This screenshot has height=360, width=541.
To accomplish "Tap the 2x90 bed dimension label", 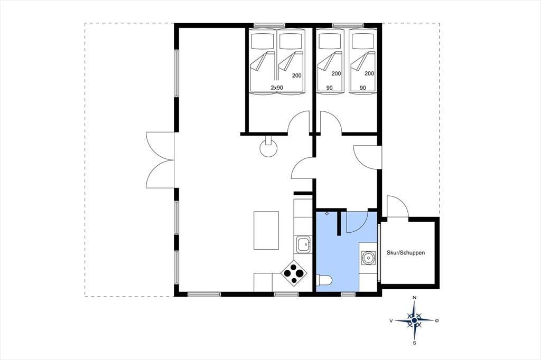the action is tap(277, 88).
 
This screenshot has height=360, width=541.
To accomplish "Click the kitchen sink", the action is tap(303, 244).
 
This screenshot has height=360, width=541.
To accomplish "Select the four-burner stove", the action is tap(294, 272).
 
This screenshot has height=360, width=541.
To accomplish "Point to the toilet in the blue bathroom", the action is tap(324, 280).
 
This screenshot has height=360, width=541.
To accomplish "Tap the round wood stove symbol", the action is tap(268, 148).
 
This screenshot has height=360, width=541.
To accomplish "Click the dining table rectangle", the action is tap(266, 230).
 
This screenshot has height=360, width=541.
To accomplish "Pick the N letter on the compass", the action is tap(415, 298).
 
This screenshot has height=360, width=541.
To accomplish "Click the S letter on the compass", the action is tap(414, 343).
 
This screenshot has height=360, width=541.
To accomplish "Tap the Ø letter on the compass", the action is tap(437, 321).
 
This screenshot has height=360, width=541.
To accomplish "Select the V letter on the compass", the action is tap(391, 321).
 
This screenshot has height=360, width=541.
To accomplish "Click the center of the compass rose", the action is tap(414, 320).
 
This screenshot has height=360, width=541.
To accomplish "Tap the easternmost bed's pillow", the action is tap(361, 41).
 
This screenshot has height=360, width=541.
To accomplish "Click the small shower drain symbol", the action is tap(327, 214).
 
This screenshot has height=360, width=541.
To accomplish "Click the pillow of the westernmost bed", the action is tap(263, 41).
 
